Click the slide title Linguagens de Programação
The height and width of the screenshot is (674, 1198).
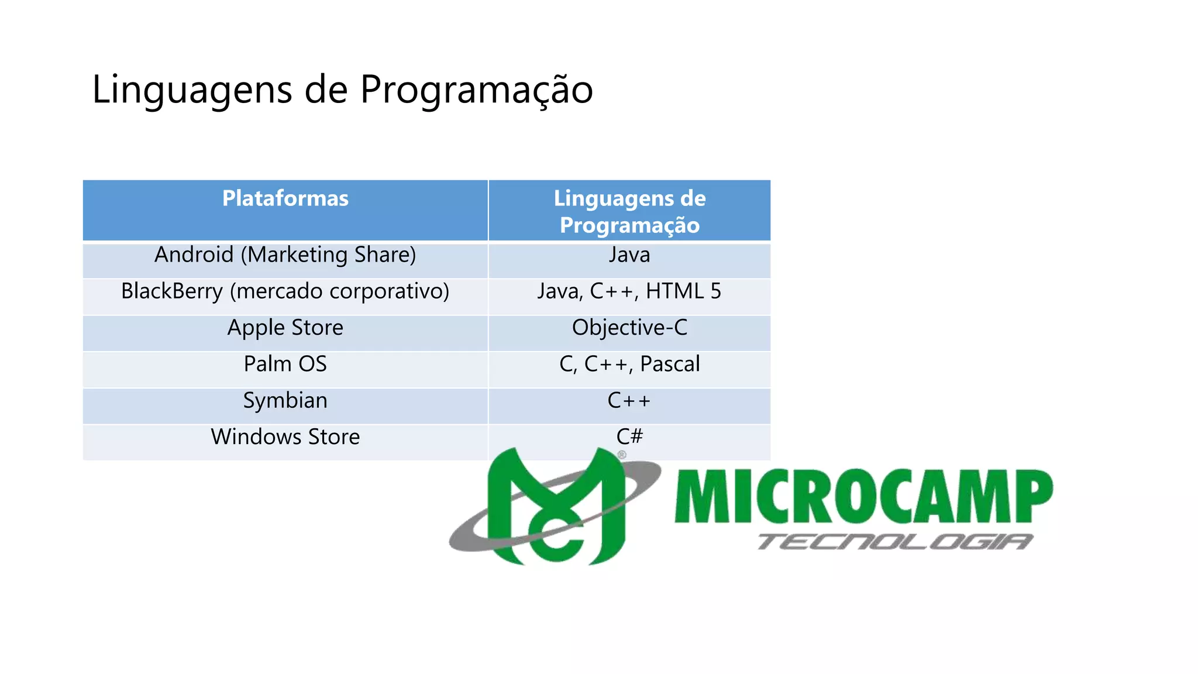[342, 90]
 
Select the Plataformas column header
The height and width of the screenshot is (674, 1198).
[285, 199]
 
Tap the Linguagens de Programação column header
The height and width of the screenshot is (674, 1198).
[629, 211]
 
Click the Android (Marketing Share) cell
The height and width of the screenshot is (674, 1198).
[285, 255]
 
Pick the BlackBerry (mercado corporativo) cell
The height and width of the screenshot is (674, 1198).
[285, 291]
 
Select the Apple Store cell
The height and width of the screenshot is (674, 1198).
[285, 328]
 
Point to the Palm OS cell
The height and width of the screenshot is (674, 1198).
[285, 364]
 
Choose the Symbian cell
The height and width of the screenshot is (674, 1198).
[285, 401]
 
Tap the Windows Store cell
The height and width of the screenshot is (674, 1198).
[285, 437]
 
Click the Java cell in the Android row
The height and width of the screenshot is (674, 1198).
[629, 255]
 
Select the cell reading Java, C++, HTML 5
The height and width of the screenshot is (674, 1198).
[629, 291]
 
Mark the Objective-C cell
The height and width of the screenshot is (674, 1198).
[629, 328]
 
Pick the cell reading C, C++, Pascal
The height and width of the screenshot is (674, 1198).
[629, 364]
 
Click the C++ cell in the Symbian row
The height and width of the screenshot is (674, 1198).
[629, 401]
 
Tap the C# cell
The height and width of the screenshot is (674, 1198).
[629, 436]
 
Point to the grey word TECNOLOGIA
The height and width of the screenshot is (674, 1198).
[895, 542]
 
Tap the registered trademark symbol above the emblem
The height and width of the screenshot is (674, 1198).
[622, 455]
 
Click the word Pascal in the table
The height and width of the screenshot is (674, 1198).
[670, 364]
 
